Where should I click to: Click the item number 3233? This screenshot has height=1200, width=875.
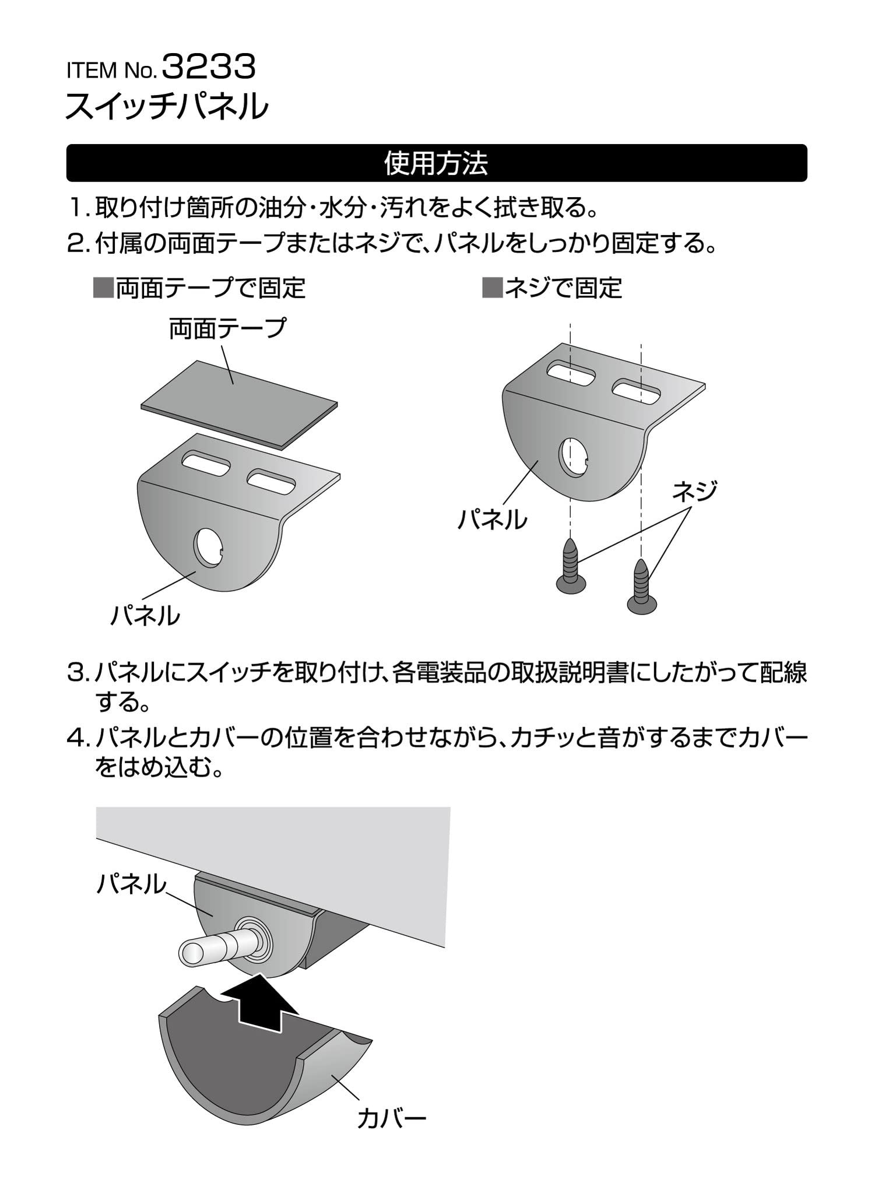[x=208, y=68]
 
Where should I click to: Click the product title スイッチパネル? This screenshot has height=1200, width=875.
[x=167, y=106]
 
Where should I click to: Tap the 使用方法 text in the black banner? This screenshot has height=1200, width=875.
[x=436, y=163]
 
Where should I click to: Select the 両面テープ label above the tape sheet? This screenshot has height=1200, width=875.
[x=227, y=328]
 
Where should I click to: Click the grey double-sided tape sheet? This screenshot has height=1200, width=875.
[x=240, y=403]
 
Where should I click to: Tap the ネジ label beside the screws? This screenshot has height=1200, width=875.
[x=693, y=491]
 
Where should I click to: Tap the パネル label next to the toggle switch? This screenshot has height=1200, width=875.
[x=131, y=885]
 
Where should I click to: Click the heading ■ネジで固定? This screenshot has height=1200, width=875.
[x=552, y=288]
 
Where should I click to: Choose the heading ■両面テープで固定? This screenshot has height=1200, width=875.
[x=199, y=288]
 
